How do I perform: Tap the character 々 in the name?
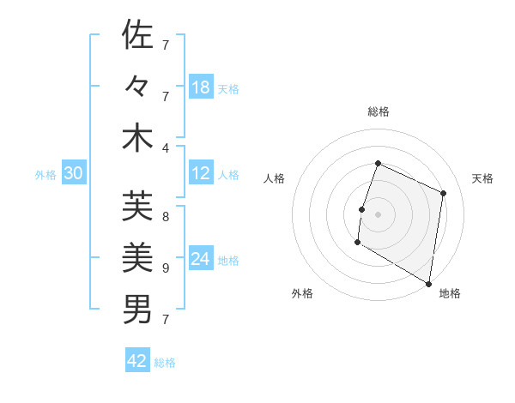137,87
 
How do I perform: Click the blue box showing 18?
201,87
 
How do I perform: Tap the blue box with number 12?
201,173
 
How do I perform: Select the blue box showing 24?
201,259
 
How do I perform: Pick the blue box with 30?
74,173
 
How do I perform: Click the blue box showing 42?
137,361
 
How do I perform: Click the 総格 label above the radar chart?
378,111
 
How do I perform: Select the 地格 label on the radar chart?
450,293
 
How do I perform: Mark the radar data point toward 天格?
444,193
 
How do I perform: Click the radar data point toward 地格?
428,283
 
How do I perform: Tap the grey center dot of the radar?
378,214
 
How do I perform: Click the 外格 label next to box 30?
45,174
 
